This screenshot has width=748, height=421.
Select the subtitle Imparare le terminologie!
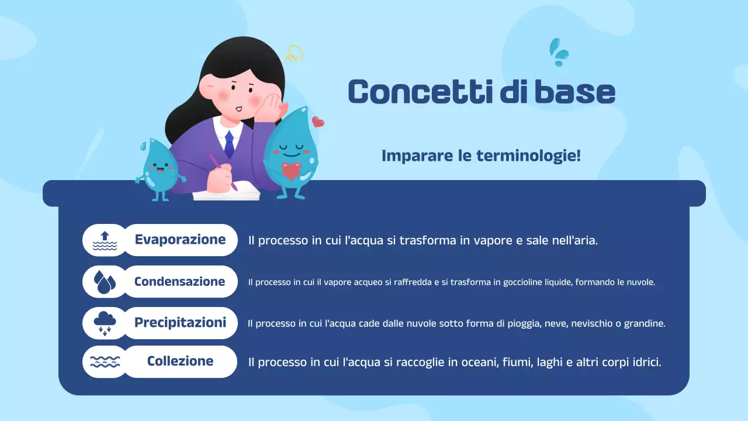481,156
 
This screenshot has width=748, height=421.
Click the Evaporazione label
180,240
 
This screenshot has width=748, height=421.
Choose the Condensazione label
179,281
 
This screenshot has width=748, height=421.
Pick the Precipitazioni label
180,323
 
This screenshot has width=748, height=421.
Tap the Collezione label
180,361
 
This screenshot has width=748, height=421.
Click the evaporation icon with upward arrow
105,240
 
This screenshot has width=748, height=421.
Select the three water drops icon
105,282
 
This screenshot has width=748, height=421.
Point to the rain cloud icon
105,323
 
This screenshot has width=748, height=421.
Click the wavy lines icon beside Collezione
105,362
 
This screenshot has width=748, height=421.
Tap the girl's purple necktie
229,144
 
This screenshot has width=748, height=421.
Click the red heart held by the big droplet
290,171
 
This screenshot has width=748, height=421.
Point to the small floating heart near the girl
318,122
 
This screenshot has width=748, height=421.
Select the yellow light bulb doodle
295,54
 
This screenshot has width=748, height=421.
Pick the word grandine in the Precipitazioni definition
645,323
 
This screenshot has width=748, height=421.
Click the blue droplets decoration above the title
559,51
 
